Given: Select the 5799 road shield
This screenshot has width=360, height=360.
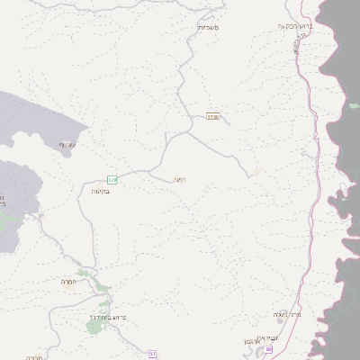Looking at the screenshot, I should (213, 116).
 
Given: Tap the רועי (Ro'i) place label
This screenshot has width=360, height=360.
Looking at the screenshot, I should (179, 178).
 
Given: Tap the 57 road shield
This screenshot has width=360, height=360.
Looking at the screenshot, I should (152, 352).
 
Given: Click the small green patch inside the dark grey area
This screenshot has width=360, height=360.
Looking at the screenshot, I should (355, 106).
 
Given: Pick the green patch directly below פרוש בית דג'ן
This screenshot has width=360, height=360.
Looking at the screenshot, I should (94, 327).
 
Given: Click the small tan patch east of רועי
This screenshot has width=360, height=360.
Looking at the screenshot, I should (256, 174).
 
